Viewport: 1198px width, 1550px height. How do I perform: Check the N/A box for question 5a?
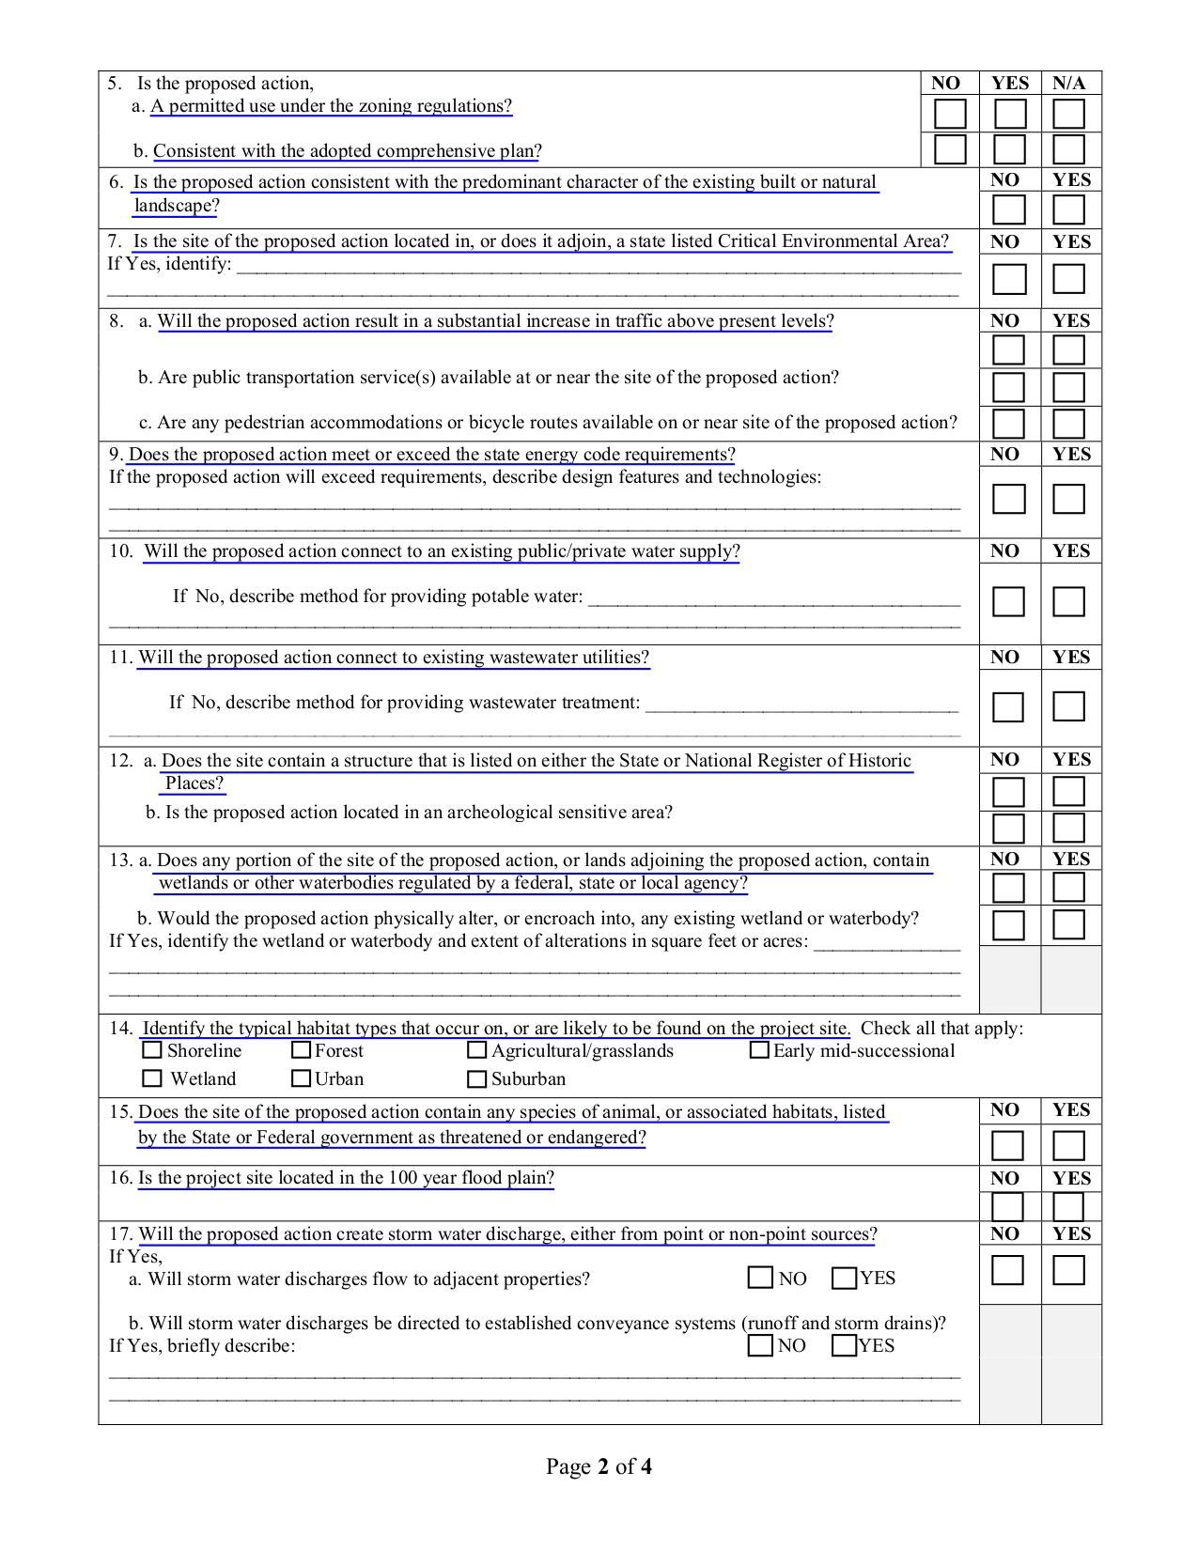coord(1069,114)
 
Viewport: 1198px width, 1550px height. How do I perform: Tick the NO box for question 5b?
coord(950,149)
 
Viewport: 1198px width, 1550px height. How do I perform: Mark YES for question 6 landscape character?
coord(1069,209)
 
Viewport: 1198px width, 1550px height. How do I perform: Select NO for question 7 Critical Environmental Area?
coord(1009,279)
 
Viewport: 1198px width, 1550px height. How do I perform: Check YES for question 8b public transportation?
coord(1069,387)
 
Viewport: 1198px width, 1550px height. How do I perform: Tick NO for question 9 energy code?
coord(1009,499)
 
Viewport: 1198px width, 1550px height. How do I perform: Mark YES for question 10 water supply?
coord(1069,601)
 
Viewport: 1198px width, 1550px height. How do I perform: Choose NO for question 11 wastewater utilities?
coord(1009,706)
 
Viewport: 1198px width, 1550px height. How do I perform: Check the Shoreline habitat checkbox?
coord(152,1050)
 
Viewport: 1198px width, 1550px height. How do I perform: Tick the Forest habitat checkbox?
coord(302,1050)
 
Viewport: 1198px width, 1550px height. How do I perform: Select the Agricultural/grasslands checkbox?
coord(477,1050)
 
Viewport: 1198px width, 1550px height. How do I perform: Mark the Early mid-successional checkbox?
coord(759,1050)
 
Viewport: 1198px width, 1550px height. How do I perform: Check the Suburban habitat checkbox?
coord(477,1078)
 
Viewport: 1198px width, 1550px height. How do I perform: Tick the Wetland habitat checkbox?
coord(152,1078)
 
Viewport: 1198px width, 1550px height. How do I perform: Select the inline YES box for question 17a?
coord(844,1279)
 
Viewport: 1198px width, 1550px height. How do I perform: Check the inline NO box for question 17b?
coord(760,1345)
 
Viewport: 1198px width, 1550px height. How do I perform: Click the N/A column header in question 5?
coord(1069,84)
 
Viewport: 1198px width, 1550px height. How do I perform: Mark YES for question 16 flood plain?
coord(1069,1206)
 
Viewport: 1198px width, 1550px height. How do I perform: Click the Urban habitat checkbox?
coord(302,1078)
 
